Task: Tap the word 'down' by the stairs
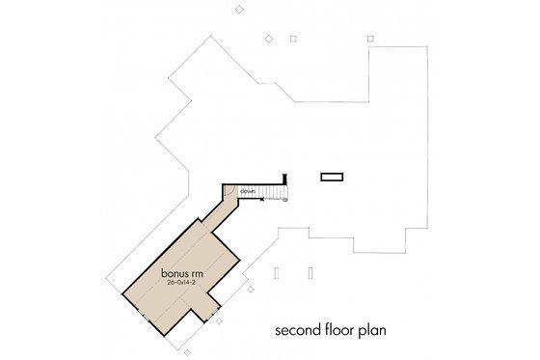coord(248,192)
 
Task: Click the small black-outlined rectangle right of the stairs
coord(332,177)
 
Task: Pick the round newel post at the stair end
coord(284,200)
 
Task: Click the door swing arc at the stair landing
coord(231,193)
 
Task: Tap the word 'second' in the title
coord(296,330)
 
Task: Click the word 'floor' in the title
coord(338,330)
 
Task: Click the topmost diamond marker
coord(240,9)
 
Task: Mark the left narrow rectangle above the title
coord(277,273)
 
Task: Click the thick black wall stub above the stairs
coord(286,179)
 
